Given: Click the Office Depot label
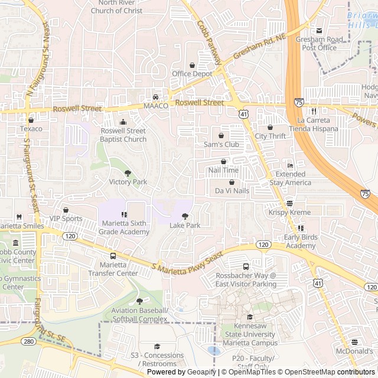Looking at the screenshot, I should tap(192, 74).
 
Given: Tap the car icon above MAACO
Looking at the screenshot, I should tap(155, 97).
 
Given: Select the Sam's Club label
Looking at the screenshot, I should tap(221, 144).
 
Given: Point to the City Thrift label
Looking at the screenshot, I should tap(270, 136).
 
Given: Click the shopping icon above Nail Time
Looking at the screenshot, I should tap(223, 161).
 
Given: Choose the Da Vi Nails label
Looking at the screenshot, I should tap(232, 191).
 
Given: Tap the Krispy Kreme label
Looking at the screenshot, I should tap(289, 212).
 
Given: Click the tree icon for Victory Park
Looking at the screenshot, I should tap(128, 173).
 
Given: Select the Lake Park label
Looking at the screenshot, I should tap(185, 226).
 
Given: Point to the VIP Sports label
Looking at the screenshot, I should tap(66, 219).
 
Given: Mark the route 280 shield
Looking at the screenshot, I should tap(28, 341).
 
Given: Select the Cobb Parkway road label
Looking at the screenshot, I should tap(209, 44).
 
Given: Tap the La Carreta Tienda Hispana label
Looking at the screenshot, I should tap(314, 124).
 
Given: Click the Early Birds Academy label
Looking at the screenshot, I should tap(300, 242).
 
